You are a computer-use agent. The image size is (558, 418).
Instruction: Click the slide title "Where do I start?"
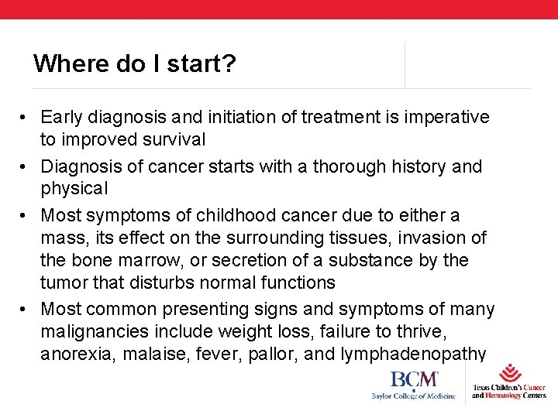tap(135, 63)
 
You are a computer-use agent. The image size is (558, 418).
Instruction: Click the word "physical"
tap(74, 188)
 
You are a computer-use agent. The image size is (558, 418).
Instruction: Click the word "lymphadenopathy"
tap(411, 355)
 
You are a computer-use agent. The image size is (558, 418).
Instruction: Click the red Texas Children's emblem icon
tap(510, 372)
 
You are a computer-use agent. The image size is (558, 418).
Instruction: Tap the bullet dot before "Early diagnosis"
tap(26, 118)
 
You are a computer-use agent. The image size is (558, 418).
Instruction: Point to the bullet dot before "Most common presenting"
tap(26, 310)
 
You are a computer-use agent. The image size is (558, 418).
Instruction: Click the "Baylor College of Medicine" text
tap(414, 396)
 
